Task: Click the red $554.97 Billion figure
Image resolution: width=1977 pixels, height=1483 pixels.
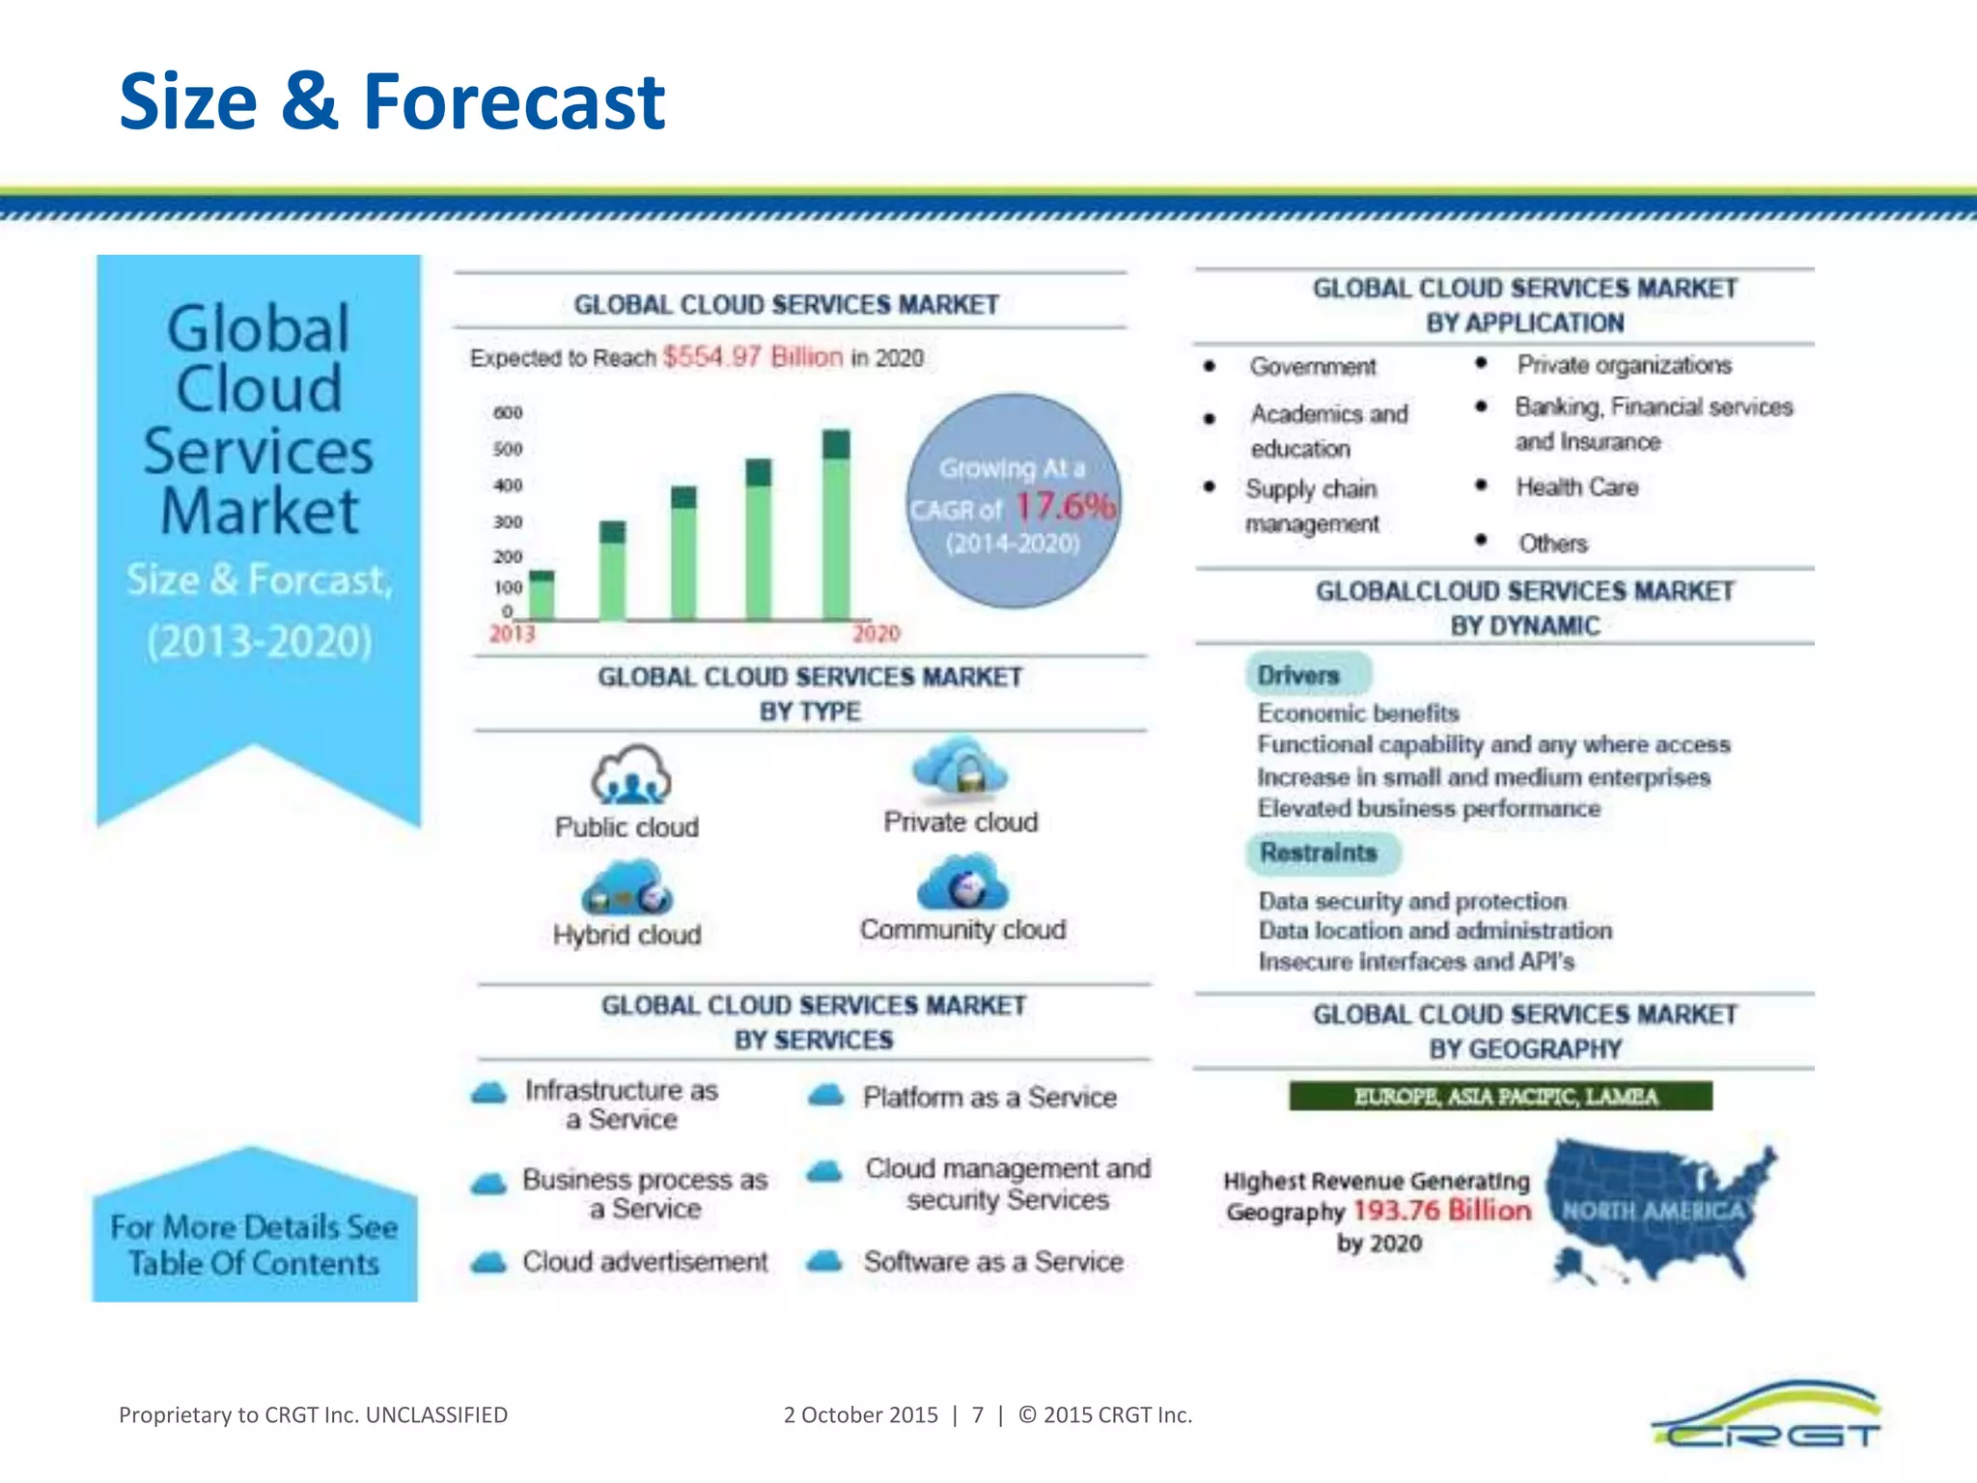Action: click(x=753, y=357)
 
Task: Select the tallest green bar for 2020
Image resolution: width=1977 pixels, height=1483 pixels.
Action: click(x=836, y=526)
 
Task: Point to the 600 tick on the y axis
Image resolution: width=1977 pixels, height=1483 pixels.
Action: click(x=508, y=413)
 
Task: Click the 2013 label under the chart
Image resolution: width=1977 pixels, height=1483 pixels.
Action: click(x=512, y=634)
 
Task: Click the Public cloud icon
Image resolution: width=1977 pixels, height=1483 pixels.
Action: click(x=630, y=774)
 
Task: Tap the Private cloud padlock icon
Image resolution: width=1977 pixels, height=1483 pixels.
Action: click(x=961, y=769)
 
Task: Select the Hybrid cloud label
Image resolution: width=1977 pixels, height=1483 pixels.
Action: click(x=627, y=935)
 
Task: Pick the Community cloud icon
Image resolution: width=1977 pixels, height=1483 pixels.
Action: click(x=961, y=882)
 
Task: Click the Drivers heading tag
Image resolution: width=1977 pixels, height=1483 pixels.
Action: click(x=1298, y=675)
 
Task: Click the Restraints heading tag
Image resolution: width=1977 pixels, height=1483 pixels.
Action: click(x=1319, y=853)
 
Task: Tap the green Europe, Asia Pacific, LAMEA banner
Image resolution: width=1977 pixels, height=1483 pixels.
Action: click(x=1501, y=1097)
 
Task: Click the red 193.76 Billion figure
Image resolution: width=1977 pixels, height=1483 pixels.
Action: click(x=1442, y=1211)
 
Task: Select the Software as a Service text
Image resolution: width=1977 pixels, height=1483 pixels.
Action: click(x=993, y=1262)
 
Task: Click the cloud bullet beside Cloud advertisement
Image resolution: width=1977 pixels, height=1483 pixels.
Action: click(x=489, y=1262)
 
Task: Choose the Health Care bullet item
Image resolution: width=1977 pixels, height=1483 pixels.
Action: click(x=1576, y=488)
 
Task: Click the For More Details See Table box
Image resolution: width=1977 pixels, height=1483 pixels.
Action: click(x=255, y=1245)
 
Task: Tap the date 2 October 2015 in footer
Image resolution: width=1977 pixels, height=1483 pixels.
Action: click(x=860, y=1415)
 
